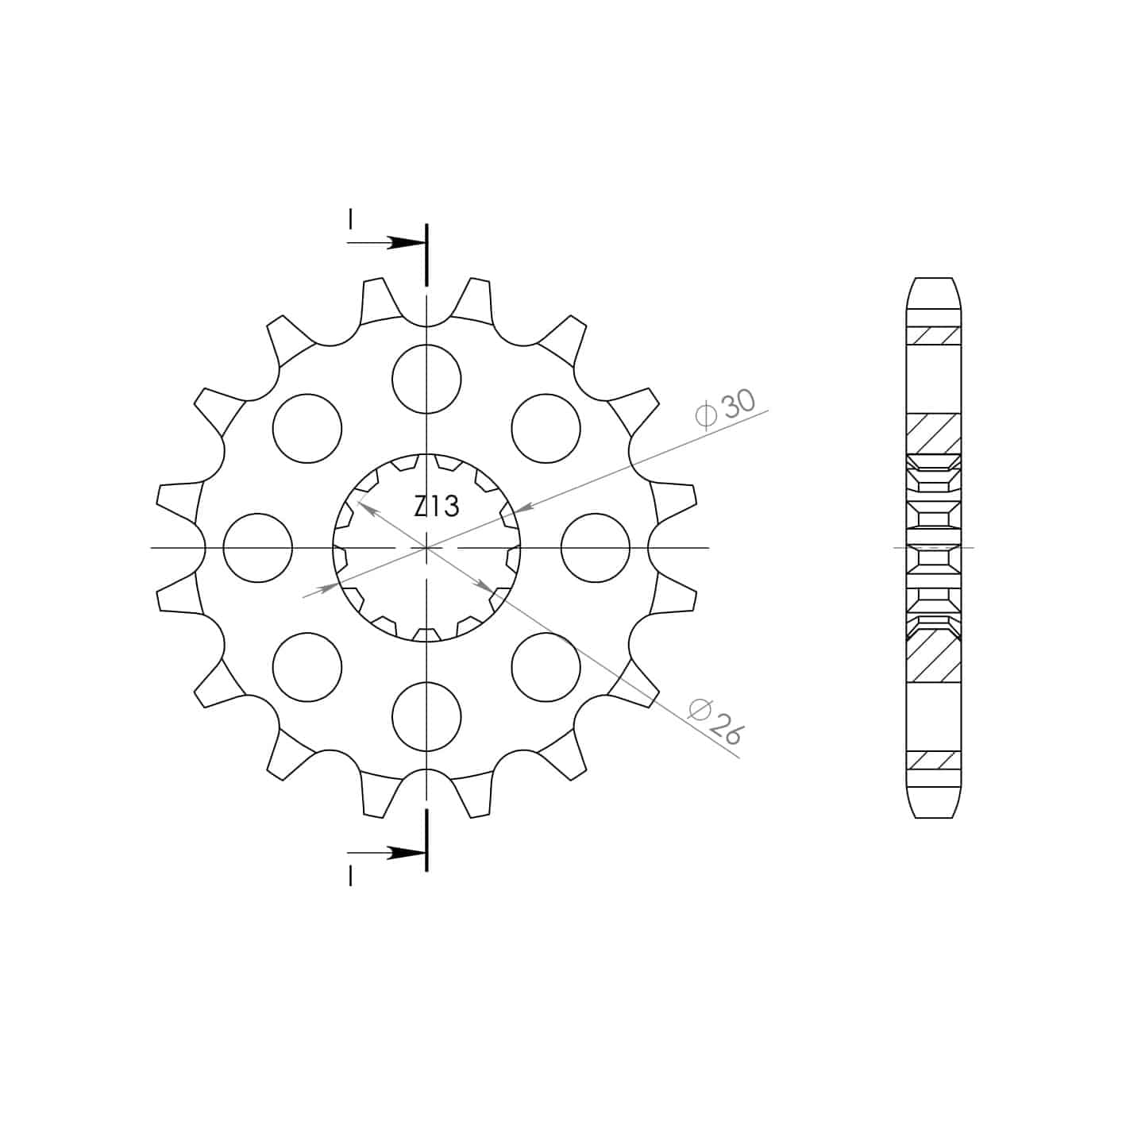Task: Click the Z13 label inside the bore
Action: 437,506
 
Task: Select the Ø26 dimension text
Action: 715,722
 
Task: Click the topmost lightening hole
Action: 426,379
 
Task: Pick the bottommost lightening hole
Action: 426,716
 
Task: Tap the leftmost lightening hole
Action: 258,547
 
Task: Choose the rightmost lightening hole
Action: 596,547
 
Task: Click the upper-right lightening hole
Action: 546,428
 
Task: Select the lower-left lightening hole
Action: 307,667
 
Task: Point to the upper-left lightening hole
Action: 307,428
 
